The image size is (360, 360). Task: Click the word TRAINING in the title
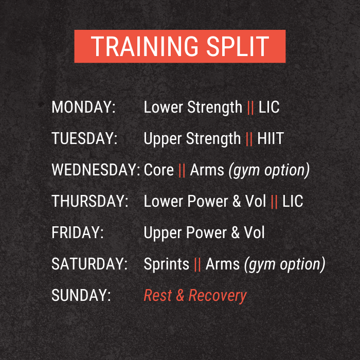click(x=145, y=46)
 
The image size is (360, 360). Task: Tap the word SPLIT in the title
click(x=238, y=46)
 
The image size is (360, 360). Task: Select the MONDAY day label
click(x=83, y=107)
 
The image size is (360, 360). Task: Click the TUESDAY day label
click(x=84, y=138)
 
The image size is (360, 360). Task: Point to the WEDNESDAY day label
click(x=96, y=170)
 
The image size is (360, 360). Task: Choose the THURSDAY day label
click(x=90, y=201)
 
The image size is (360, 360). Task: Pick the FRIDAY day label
click(x=78, y=232)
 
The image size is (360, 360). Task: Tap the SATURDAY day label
click(x=89, y=264)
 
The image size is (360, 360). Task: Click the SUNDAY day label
click(x=81, y=295)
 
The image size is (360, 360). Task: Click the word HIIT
click(x=271, y=138)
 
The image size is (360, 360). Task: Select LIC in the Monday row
click(x=269, y=107)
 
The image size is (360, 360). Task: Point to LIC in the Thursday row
click(x=293, y=201)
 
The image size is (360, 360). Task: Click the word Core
click(x=158, y=170)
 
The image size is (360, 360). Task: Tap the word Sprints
click(x=167, y=264)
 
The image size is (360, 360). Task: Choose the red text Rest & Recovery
click(x=195, y=296)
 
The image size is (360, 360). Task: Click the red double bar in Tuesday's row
click(x=249, y=139)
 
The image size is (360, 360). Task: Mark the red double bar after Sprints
click(x=197, y=264)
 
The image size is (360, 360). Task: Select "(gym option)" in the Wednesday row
click(x=269, y=170)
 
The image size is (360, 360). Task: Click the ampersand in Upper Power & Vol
click(x=236, y=232)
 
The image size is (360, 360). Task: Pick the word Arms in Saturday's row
click(x=223, y=264)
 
